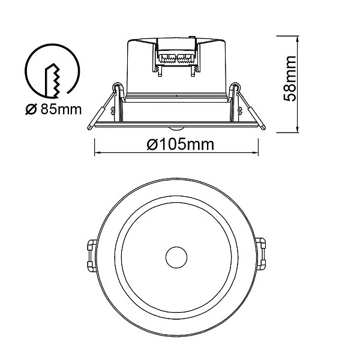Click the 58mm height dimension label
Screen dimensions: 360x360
(x=290, y=79)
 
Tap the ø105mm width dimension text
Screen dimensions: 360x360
(x=181, y=145)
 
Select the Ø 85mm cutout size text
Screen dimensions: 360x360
(x=53, y=110)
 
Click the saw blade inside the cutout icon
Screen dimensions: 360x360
(x=53, y=80)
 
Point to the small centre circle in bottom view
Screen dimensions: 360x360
(x=176, y=257)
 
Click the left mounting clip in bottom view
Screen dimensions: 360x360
(x=92, y=256)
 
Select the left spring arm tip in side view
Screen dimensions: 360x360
(x=89, y=127)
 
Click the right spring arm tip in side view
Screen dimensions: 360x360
(x=263, y=127)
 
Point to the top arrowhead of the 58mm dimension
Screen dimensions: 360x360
(x=298, y=39)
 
